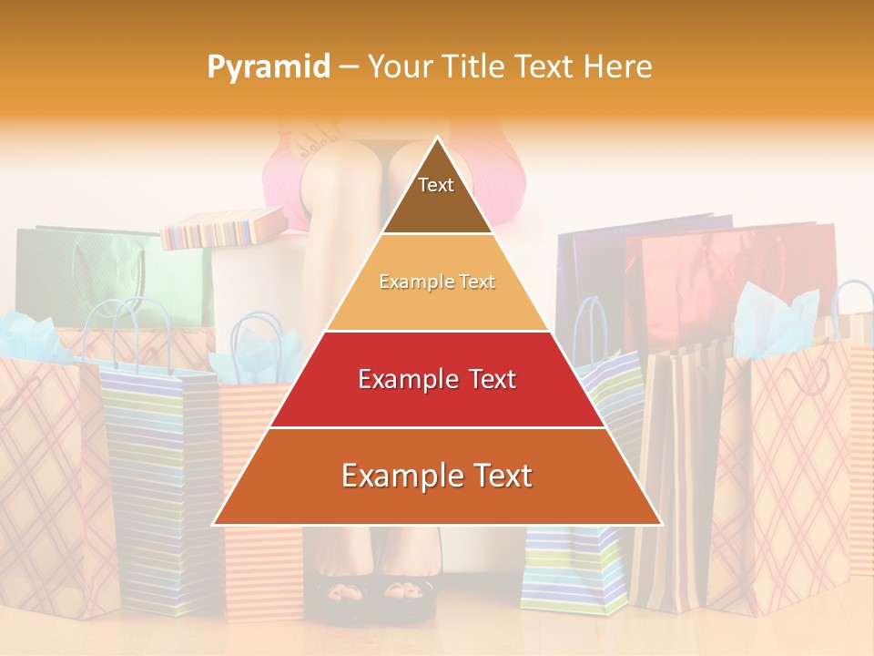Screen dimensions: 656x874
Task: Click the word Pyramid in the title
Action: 268,67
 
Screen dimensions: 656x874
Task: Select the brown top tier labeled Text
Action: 437,195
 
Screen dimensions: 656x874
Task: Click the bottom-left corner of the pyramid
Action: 215,524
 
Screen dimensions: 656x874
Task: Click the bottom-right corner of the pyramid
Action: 660,524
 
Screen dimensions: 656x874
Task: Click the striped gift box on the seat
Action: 223,229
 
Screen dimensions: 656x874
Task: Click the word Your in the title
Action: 397,67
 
